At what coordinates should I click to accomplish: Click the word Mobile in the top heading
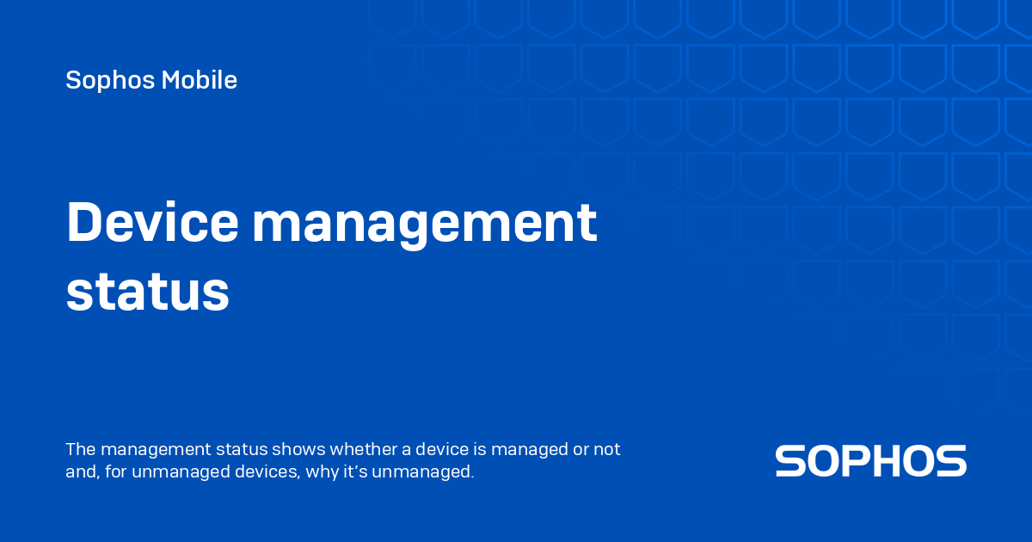point(199,80)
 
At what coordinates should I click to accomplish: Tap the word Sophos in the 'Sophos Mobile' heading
point(110,81)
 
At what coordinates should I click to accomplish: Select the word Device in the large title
point(152,222)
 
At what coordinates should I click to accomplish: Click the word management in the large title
point(425,225)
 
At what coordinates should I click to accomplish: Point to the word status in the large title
point(147,292)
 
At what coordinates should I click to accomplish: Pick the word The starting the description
point(81,449)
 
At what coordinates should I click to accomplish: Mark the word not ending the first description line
point(607,449)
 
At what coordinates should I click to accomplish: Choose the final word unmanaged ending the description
point(422,473)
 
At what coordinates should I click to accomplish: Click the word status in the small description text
point(242,449)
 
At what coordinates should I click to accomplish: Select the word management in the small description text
point(156,450)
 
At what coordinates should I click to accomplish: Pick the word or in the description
point(580,450)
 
